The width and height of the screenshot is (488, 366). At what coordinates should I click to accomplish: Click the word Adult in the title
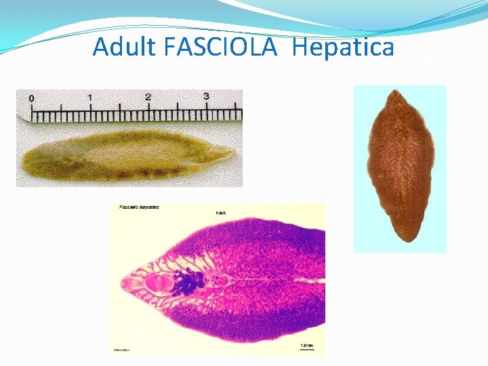click(123, 47)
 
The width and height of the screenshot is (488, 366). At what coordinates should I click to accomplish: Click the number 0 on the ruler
click(30, 99)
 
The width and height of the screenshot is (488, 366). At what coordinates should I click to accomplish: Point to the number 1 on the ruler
click(89, 98)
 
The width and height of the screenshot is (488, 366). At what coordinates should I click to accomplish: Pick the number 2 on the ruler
click(148, 98)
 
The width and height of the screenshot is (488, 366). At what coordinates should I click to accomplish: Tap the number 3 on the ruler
click(206, 96)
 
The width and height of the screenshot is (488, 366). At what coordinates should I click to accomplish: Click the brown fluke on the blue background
click(399, 166)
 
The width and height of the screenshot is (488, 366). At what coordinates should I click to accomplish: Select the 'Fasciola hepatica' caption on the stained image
click(139, 207)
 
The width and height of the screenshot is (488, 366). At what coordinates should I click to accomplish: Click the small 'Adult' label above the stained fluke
click(221, 212)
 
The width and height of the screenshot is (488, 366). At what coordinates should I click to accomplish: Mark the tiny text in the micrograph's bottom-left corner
click(122, 350)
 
